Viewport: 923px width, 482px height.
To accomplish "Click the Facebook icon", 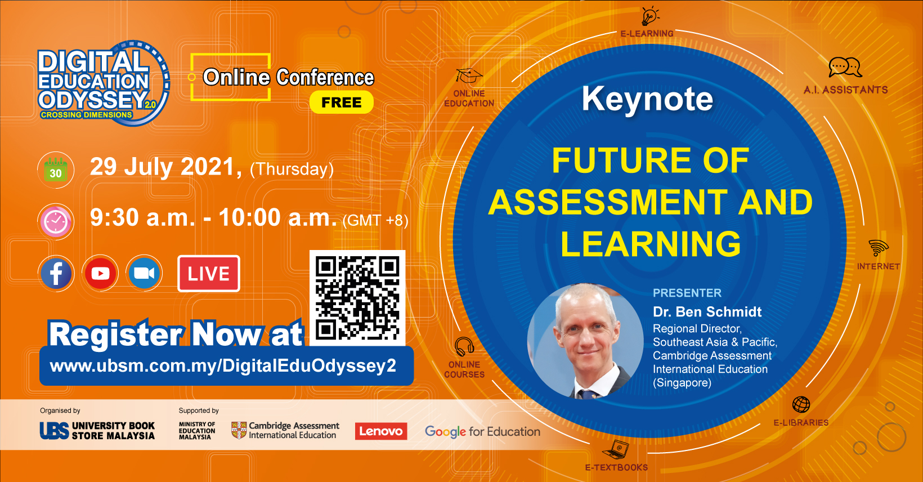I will [56, 274].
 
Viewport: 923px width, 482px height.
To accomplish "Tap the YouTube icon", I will [101, 274].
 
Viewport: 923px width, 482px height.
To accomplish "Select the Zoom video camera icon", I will [145, 274].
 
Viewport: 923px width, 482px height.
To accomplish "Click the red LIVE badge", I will [209, 274].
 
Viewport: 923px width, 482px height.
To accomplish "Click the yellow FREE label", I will [341, 102].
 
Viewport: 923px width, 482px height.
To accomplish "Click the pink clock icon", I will [56, 222].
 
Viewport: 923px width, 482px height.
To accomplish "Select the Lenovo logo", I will [381, 431].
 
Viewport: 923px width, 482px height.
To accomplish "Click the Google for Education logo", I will [482, 431].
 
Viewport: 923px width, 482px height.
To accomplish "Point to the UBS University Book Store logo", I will [97, 431].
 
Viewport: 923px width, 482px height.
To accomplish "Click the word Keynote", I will [647, 99].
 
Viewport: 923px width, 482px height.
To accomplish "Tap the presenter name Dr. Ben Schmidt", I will [707, 312].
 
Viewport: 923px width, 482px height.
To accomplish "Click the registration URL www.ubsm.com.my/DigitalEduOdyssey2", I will [223, 366].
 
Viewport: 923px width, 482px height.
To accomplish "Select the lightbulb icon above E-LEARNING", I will [649, 16].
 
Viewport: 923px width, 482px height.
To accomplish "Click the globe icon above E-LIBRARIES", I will [801, 404].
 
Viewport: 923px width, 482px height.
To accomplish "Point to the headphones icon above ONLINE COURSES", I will [464, 346].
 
